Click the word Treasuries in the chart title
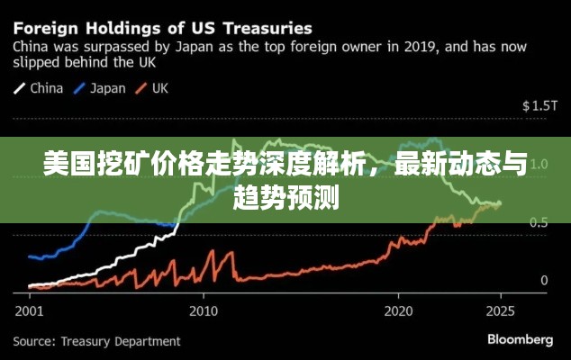pyautogui.click(x=258, y=27)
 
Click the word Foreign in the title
pyautogui.click(x=46, y=27)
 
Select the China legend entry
pyautogui.click(x=47, y=88)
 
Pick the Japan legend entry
pyautogui.click(x=109, y=88)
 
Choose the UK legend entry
pyautogui.click(x=160, y=88)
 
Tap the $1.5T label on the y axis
pyautogui.click(x=540, y=106)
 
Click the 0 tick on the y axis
pyautogui.click(x=544, y=281)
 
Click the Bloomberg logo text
pyautogui.click(x=520, y=340)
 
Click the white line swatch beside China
pyautogui.click(x=19, y=88)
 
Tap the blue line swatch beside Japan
pyautogui.click(x=79, y=88)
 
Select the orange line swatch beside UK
pyautogui.click(x=141, y=88)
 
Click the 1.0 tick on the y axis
pyautogui.click(x=540, y=165)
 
